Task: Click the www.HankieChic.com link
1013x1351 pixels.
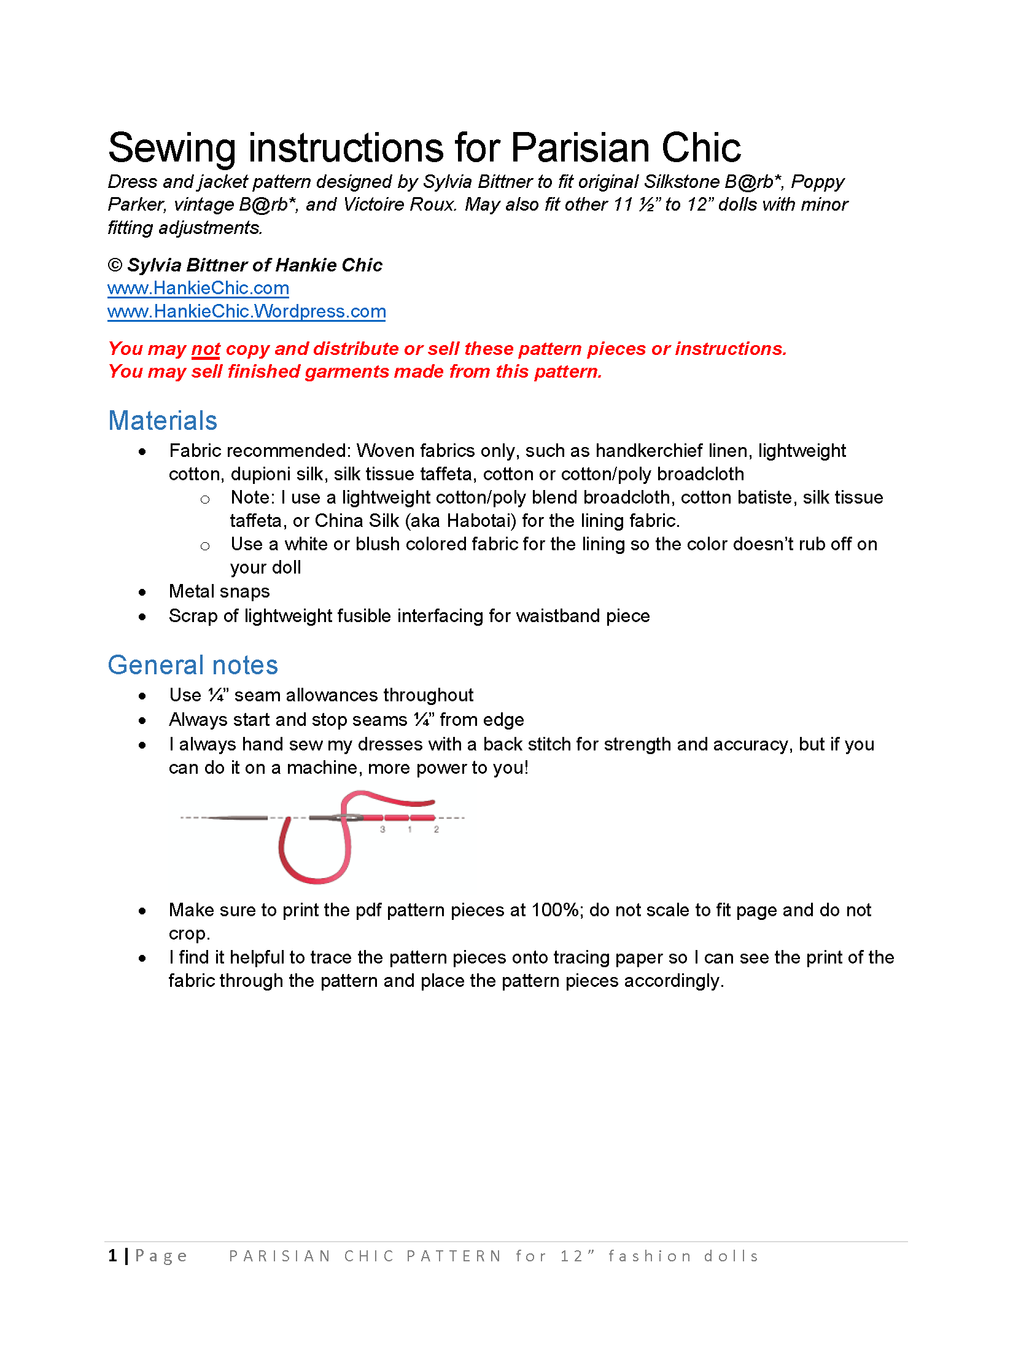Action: coord(198,288)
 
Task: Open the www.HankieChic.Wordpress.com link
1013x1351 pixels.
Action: coord(246,311)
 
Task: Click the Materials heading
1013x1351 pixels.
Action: coord(163,421)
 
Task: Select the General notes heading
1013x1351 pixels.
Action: coord(193,665)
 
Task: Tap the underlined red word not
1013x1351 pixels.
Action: coord(206,349)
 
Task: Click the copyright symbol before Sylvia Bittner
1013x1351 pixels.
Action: coord(115,265)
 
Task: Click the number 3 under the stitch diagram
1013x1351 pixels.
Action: coord(382,830)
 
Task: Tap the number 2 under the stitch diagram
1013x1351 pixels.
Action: coord(437,830)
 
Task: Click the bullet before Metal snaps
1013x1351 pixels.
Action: coord(142,592)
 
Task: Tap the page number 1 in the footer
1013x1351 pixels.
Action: coord(113,1256)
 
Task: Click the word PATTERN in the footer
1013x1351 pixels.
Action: coord(454,1256)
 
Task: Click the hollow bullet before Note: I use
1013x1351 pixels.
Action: coord(205,499)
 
